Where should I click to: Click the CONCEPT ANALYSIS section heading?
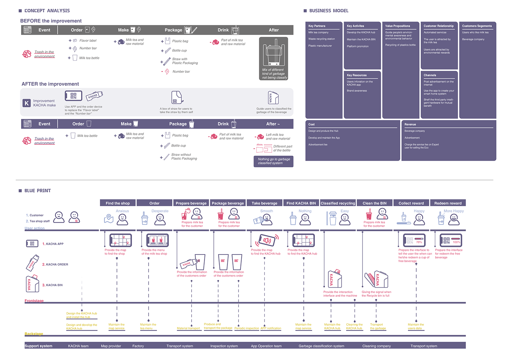pos(47,11)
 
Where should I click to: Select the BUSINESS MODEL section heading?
pos(329,11)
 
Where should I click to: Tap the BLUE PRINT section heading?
pos(37,191)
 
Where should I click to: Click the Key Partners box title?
pos(317,26)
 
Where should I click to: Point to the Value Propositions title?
pos(397,26)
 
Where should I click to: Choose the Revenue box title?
pos(410,124)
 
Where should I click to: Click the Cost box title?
pos(312,124)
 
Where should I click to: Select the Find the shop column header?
pos(117,203)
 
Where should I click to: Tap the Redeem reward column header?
pos(448,203)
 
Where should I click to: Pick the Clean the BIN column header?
pos(374,203)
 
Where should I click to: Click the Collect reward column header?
pos(411,203)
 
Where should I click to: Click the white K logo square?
pos(27,103)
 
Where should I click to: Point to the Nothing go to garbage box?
pos(273,161)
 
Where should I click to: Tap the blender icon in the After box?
pos(273,55)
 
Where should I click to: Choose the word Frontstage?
pos(34,301)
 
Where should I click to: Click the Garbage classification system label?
pos(321,346)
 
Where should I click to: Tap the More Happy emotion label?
pos(454,211)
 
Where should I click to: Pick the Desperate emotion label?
pos(160,211)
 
